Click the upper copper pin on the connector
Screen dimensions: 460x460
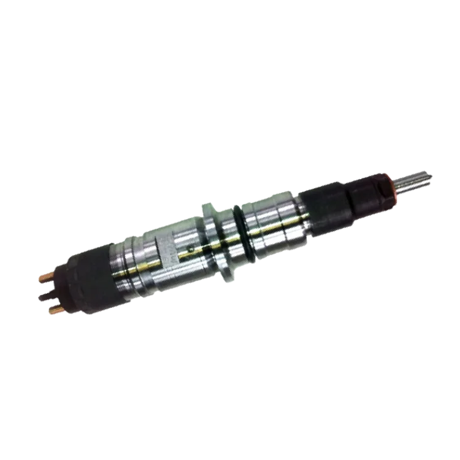45,275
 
